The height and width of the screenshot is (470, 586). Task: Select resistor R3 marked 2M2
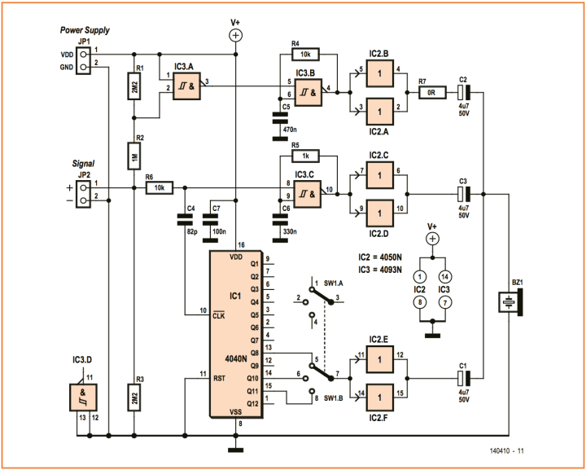pos(136,402)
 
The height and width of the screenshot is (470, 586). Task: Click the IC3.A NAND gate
pos(184,81)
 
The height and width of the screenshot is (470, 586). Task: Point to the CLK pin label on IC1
pos(219,317)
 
